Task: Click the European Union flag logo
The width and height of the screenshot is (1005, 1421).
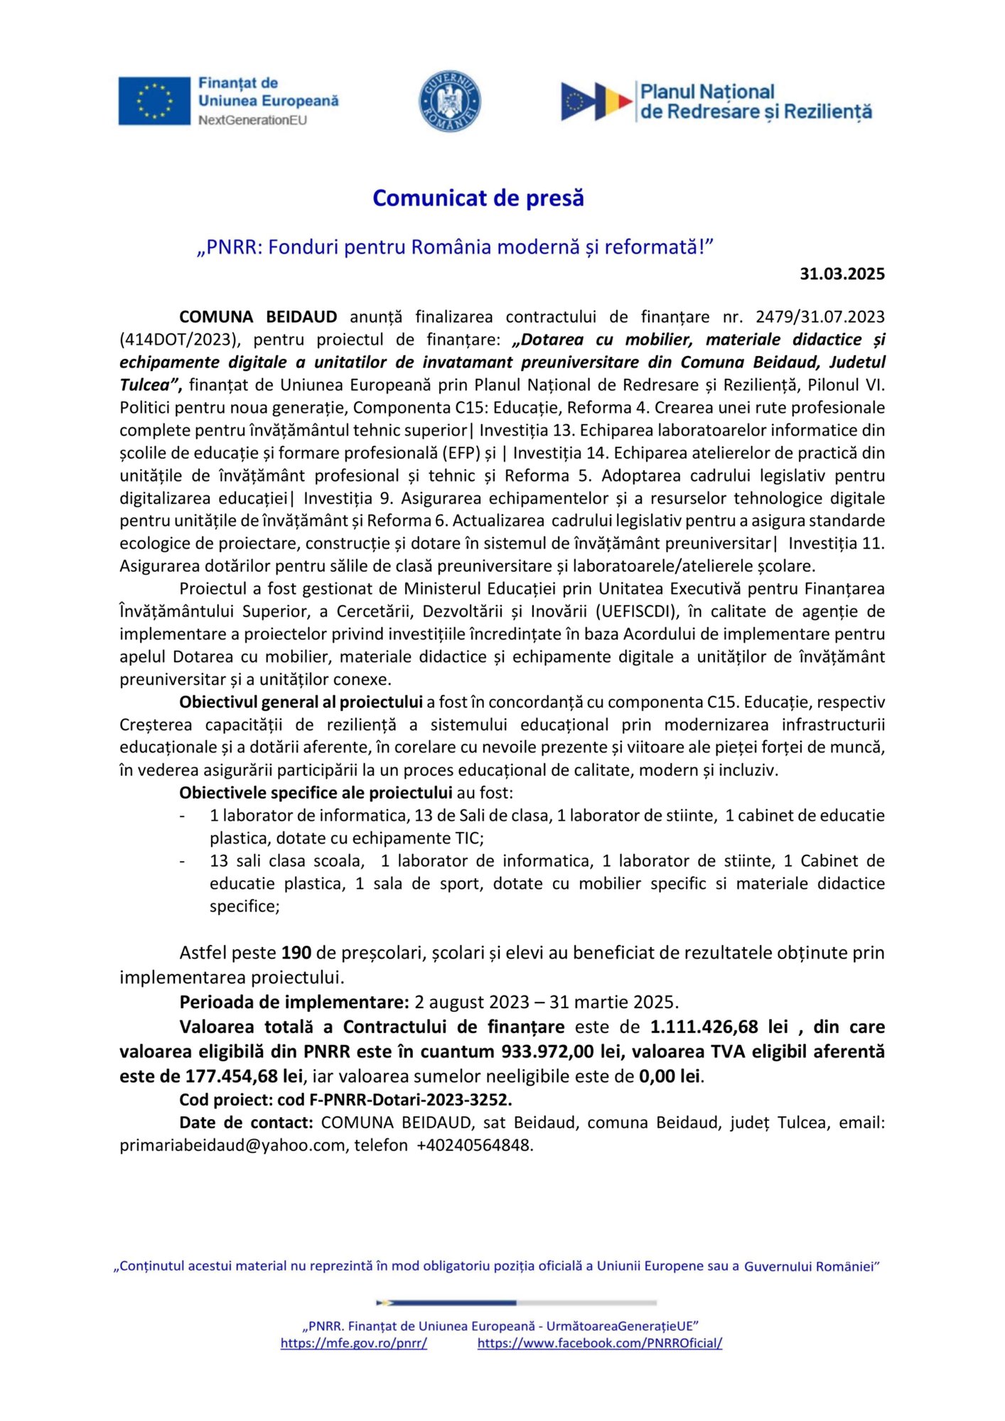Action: pyautogui.click(x=154, y=101)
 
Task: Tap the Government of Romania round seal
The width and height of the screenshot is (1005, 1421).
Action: pyautogui.click(x=449, y=101)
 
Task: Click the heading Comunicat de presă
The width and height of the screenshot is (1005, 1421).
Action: pyautogui.click(x=478, y=198)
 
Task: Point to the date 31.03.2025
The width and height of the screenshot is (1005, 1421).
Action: pyautogui.click(x=842, y=274)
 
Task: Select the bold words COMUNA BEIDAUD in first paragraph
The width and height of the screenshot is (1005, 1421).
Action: pyautogui.click(x=258, y=317)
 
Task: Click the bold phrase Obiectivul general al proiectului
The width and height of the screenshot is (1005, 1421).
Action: pyautogui.click(x=301, y=703)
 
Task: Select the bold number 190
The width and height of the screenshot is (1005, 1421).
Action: pyautogui.click(x=296, y=953)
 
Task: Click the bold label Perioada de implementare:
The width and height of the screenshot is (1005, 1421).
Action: pyautogui.click(x=294, y=1003)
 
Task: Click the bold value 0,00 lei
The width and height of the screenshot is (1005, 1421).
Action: pyautogui.click(x=670, y=1076)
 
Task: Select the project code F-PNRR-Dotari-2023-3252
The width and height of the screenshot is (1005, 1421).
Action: pyautogui.click(x=410, y=1100)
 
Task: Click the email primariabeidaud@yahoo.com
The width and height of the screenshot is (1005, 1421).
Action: pyautogui.click(x=232, y=1145)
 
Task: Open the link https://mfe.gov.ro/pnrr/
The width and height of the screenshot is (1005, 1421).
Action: pyautogui.click(x=353, y=1343)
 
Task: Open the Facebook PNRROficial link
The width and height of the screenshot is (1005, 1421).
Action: pyautogui.click(x=599, y=1343)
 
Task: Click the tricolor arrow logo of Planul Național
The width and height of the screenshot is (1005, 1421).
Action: pyautogui.click(x=596, y=102)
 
